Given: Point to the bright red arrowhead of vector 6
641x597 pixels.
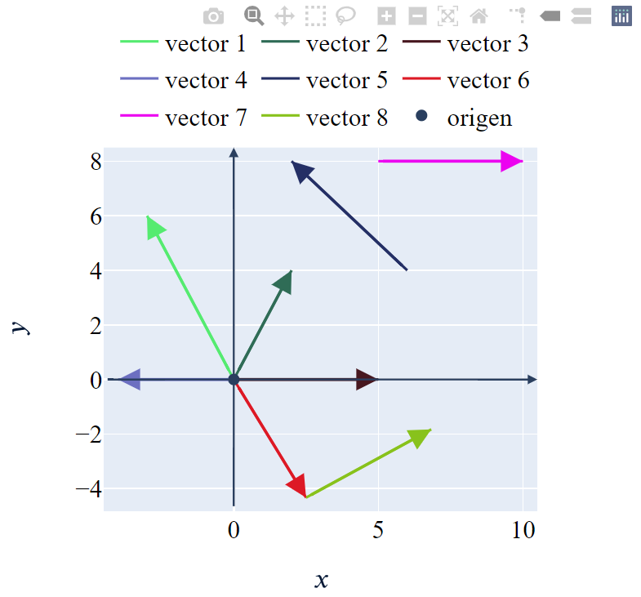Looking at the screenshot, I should tap(297, 484).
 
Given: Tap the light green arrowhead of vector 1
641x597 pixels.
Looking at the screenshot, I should tap(154, 227).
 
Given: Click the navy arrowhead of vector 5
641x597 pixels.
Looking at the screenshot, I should tap(301, 171).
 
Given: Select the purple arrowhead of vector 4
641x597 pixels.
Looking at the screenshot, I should tap(129, 380).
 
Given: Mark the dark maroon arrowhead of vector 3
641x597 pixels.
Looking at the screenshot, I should tap(367, 380).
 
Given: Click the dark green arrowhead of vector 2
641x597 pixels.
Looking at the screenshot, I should tap(284, 282).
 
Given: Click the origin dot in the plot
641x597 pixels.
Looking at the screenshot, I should tap(234, 380).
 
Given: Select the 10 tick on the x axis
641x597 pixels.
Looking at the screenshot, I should tap(523, 531).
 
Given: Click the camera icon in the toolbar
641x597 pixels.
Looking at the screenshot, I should tap(213, 16).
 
